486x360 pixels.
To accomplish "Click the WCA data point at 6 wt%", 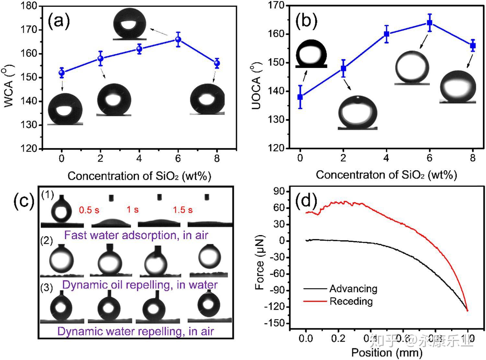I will (178, 39).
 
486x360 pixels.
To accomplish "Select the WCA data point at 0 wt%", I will (62, 73).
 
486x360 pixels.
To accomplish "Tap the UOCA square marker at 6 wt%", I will (430, 23).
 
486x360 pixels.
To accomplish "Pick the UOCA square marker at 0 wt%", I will (300, 97).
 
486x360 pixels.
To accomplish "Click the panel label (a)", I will (59, 22).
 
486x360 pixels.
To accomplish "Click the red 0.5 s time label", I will (89, 210).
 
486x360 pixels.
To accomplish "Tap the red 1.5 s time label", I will (183, 210).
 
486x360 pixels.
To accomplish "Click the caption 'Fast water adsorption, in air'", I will (136, 235).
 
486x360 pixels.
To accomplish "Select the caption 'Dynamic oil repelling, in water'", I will (140, 285).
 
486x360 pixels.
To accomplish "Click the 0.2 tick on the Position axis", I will (338, 339).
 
